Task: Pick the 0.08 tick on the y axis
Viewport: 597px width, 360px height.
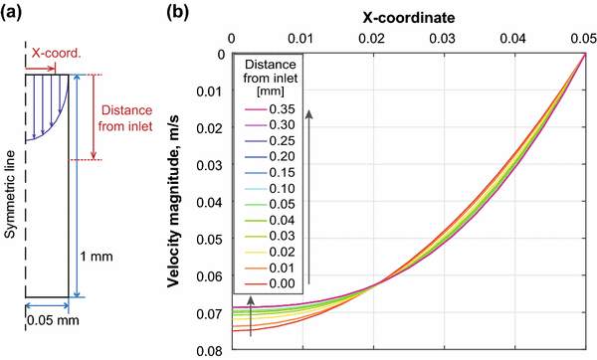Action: [x=213, y=351]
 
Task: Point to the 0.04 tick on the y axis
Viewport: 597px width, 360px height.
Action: [x=213, y=203]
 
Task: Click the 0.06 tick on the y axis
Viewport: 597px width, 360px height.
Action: [x=213, y=277]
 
